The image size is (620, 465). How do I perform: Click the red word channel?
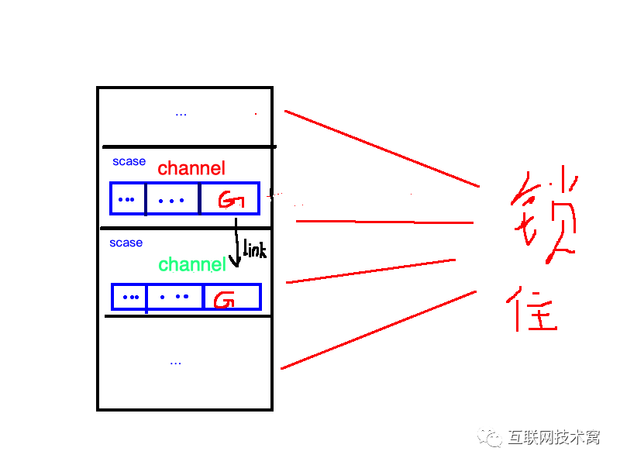[191, 168]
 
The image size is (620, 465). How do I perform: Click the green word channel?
[191, 264]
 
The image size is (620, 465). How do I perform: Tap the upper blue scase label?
[129, 161]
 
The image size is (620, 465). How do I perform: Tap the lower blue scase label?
[126, 243]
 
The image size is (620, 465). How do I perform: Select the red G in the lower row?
[224, 299]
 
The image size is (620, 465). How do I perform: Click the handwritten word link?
[254, 250]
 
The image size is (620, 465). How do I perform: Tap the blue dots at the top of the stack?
[181, 114]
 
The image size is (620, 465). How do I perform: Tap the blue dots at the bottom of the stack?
[175, 362]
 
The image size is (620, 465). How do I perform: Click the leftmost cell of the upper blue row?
[127, 199]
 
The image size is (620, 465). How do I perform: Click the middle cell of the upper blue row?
[172, 199]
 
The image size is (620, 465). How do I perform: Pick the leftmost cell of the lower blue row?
[129, 297]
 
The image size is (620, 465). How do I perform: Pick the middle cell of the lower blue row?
[174, 297]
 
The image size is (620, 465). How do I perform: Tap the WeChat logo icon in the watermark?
[490, 437]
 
